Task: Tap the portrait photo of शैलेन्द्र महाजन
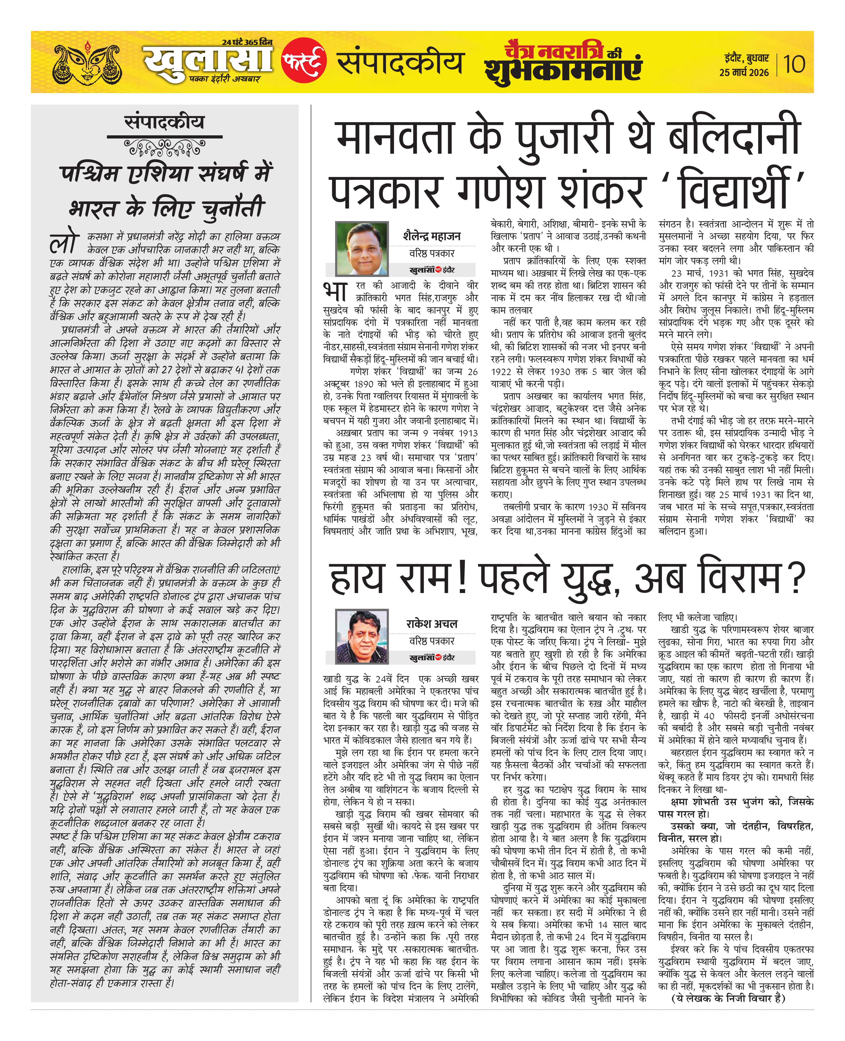click(362, 249)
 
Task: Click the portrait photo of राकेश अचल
click(362, 637)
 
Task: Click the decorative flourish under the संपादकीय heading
click(165, 146)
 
